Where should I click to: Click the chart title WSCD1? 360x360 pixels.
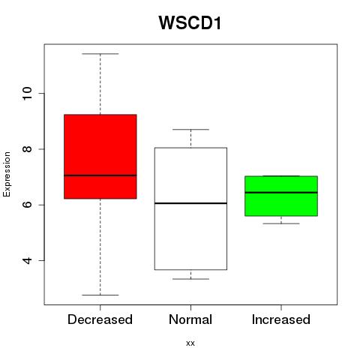point(190,23)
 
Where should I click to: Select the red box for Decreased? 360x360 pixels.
point(100,157)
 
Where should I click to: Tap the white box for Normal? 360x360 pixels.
point(190,208)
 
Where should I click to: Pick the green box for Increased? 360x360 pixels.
point(281,196)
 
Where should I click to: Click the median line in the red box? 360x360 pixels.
point(100,175)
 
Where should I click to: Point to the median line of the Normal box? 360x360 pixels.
point(190,203)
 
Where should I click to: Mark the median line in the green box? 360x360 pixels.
point(281,193)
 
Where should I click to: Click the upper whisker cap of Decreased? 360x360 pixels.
point(100,54)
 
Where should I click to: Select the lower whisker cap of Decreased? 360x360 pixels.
point(100,295)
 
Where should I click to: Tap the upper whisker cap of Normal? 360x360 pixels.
point(190,130)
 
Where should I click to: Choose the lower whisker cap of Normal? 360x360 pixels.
point(190,279)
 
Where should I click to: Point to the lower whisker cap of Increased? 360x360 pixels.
point(281,223)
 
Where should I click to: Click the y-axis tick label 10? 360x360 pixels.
point(27,94)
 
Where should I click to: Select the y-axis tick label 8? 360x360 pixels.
point(27,149)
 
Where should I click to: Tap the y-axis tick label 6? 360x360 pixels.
point(27,205)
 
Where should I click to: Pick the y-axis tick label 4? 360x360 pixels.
point(27,260)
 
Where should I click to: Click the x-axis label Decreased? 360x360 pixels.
point(100,319)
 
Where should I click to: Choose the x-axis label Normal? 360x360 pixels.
point(190,319)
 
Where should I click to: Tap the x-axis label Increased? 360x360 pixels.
point(281,319)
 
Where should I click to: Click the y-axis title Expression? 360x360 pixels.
point(7,174)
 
